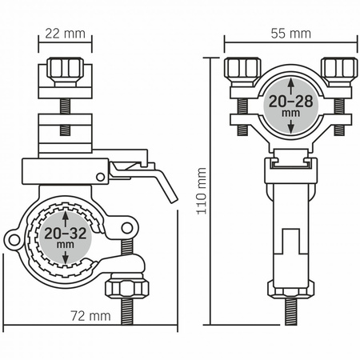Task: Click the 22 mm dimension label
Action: point(65,34)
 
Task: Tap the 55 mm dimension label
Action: point(291,34)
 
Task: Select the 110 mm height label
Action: point(202,191)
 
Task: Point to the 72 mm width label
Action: point(90,316)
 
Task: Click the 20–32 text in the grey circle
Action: point(66,234)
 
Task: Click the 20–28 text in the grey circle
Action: point(291,102)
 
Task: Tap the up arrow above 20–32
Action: point(66,219)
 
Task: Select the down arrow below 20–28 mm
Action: point(291,126)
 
